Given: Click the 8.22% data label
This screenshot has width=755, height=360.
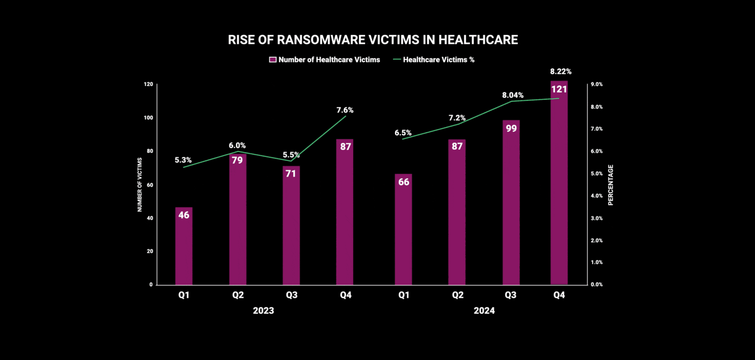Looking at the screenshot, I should coord(560,72).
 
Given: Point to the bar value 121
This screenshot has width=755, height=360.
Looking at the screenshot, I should coord(559,89).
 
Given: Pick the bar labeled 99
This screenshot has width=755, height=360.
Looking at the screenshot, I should coord(511,203).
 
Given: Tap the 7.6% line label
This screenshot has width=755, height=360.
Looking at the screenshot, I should coord(345,110).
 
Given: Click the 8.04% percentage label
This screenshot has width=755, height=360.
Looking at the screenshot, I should coord(512,95).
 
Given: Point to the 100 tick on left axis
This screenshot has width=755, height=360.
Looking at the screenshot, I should coord(148,118).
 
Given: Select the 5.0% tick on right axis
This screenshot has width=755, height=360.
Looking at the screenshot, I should coord(596,173).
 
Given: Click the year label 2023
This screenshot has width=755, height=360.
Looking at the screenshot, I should coord(263,311).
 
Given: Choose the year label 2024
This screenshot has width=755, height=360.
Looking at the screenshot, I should coord(484,311).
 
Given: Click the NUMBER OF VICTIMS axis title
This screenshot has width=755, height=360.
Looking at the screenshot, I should coord(140,184).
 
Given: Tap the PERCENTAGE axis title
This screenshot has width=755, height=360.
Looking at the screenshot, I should coord(610,185).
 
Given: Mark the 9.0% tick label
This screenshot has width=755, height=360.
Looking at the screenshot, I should coord(596,84).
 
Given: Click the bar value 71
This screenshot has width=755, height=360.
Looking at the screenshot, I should coord(290,173).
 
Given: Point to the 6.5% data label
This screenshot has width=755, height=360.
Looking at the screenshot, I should coord(403,133).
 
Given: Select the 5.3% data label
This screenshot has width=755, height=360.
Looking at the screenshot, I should coord(183,160).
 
